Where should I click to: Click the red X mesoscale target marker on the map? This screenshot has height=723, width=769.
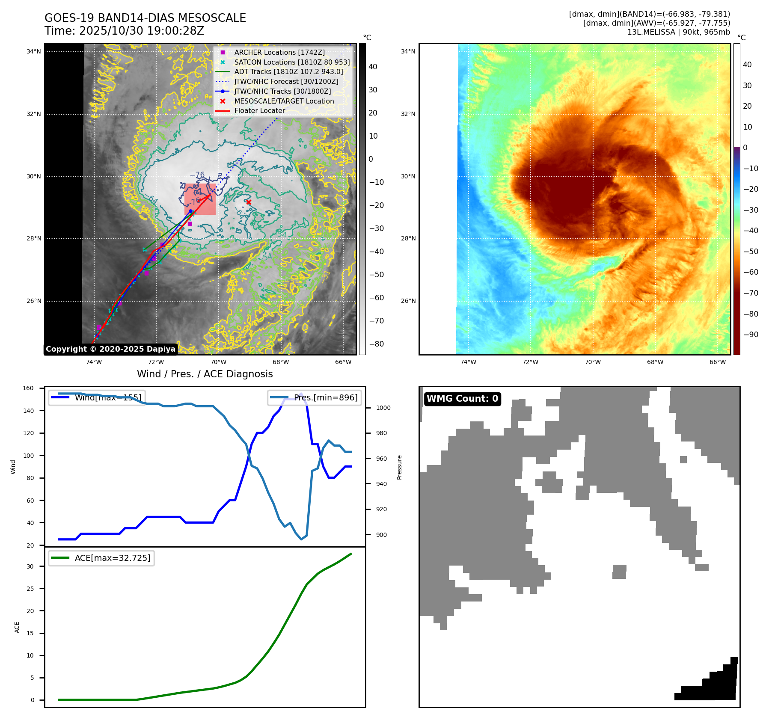(x=248, y=202)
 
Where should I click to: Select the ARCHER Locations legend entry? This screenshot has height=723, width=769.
(x=279, y=52)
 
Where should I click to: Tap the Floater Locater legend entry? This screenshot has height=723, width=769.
(x=259, y=110)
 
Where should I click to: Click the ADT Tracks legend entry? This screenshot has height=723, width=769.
(x=288, y=72)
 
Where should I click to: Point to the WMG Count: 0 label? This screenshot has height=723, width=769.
(x=462, y=399)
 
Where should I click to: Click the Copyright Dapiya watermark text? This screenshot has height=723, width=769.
(x=110, y=349)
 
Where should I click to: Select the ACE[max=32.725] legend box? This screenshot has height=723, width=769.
(x=101, y=558)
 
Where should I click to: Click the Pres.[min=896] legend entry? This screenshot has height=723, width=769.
(x=315, y=397)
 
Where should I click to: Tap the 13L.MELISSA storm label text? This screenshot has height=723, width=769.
(x=678, y=32)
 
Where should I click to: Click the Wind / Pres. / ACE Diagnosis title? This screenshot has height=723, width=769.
(x=205, y=374)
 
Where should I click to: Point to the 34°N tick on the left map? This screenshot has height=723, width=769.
(x=34, y=52)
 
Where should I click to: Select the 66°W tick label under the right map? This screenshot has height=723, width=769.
(x=717, y=362)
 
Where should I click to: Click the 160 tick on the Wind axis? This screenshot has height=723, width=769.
(x=28, y=388)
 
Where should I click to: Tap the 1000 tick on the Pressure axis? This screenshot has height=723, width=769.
(x=383, y=408)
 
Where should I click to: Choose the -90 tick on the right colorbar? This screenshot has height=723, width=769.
(x=751, y=335)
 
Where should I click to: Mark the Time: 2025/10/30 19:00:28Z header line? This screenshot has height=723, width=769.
(x=124, y=31)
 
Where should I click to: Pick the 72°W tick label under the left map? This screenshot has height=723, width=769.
(x=156, y=362)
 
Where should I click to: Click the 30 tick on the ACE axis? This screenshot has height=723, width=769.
(x=30, y=566)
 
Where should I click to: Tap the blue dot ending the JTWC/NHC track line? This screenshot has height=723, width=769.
(x=190, y=211)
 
